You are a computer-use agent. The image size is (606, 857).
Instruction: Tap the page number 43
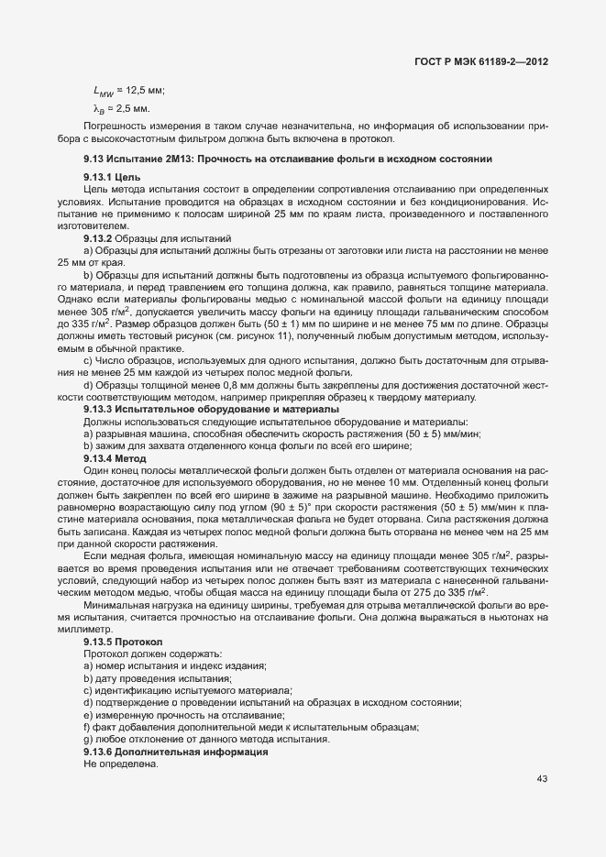pos(542,779)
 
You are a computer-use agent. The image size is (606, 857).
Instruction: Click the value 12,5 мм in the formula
pos(145,89)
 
